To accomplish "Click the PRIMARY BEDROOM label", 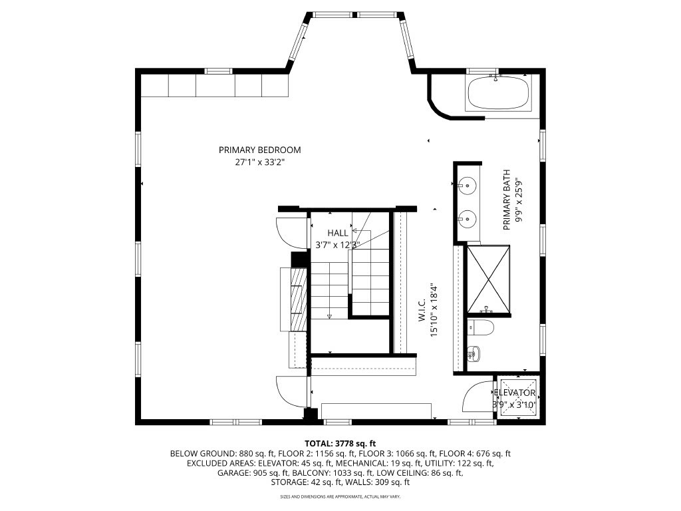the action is tap(260, 150).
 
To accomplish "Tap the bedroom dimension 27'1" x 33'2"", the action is tap(260, 162).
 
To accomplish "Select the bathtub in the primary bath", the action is tap(497, 93).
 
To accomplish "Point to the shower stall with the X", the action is tap(488, 279).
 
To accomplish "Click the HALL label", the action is tap(337, 233).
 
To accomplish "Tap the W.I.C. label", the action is tap(422, 309).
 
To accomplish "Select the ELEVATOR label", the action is tap(515, 393).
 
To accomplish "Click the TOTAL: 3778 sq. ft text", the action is tap(340, 444).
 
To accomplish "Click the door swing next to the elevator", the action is tap(477, 396).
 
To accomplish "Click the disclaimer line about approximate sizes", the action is tap(340, 496).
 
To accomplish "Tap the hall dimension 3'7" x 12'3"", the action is tap(337, 245).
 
